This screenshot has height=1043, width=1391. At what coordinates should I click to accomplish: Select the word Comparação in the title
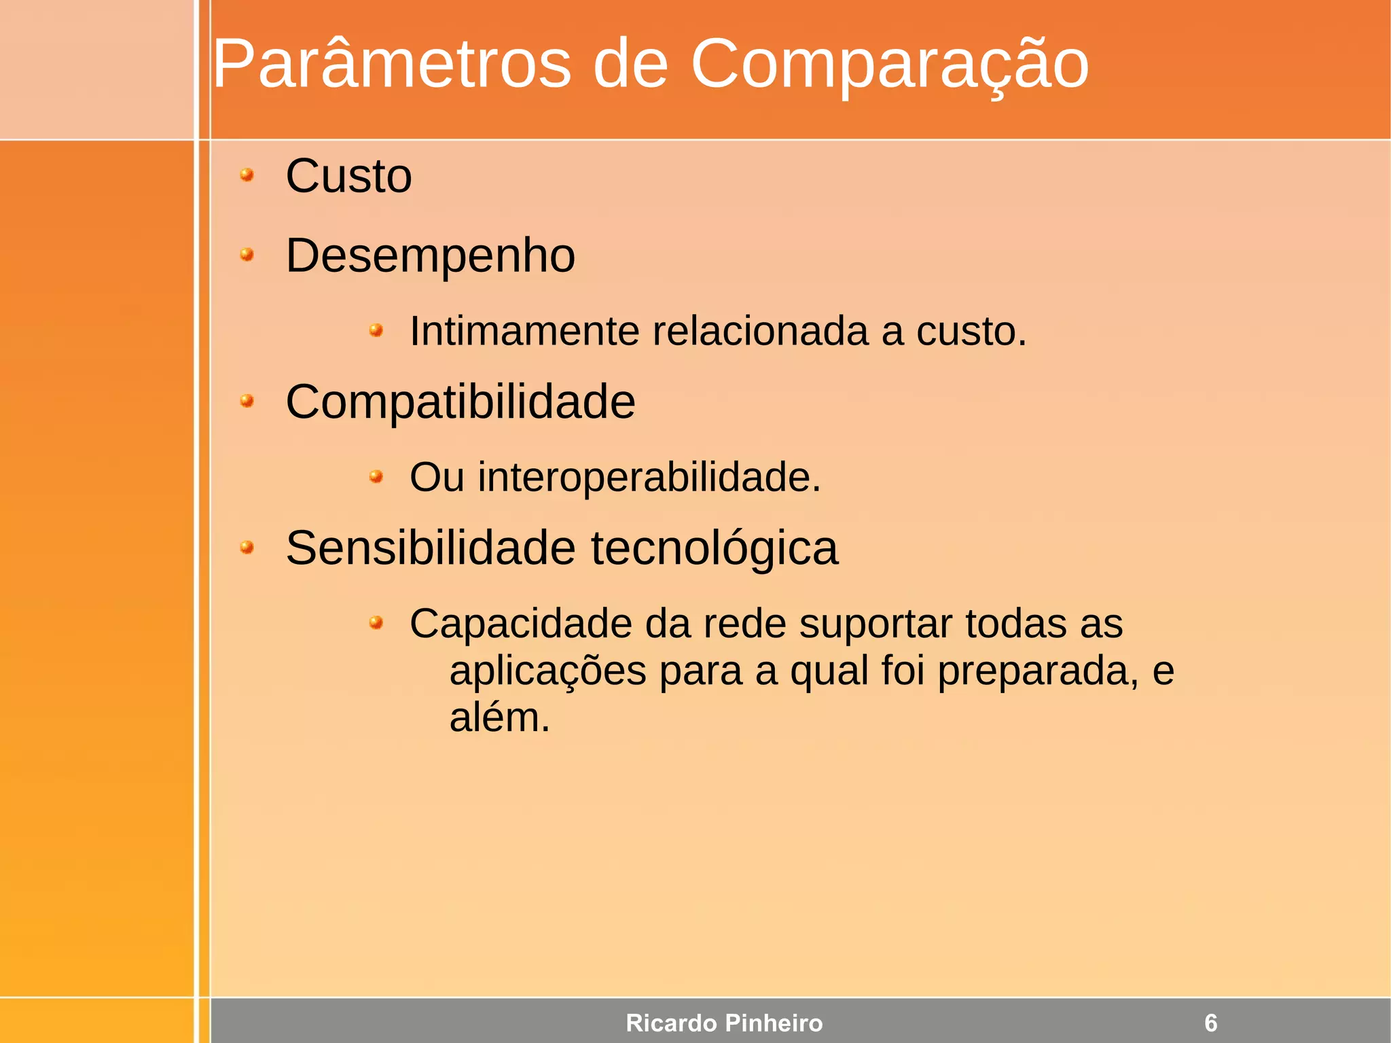(x=889, y=65)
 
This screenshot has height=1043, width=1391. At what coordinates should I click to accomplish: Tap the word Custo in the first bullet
(x=348, y=177)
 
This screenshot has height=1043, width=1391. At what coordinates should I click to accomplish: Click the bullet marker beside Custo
(x=247, y=175)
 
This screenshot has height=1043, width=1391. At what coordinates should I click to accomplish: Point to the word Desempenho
(x=431, y=257)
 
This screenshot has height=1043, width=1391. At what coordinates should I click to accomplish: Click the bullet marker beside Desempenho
(x=247, y=255)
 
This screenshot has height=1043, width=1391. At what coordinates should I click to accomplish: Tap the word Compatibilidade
(x=460, y=402)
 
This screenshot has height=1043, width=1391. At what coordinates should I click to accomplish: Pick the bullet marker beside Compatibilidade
(x=247, y=401)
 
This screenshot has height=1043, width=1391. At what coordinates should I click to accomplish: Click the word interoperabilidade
(x=649, y=477)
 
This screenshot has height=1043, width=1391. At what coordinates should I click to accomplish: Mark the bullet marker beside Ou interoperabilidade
(x=376, y=476)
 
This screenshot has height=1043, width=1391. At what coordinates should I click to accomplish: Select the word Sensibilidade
(x=431, y=548)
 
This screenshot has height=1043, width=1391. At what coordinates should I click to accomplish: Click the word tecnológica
(x=715, y=549)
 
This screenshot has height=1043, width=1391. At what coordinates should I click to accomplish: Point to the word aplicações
(x=547, y=672)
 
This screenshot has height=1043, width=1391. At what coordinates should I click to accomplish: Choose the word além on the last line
(x=499, y=718)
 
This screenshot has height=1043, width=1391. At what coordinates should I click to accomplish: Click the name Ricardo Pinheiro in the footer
(x=724, y=1023)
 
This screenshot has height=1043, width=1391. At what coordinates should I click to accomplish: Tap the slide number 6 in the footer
(x=1210, y=1023)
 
